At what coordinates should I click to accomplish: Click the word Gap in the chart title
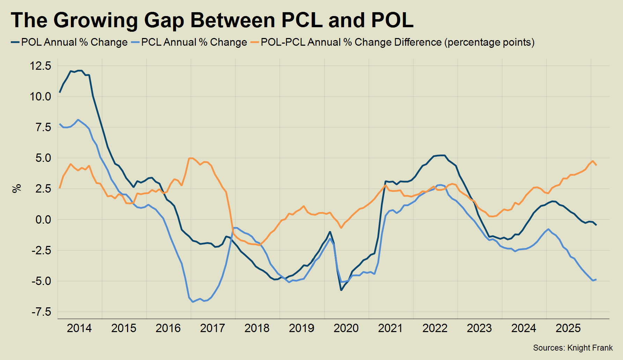click(164, 20)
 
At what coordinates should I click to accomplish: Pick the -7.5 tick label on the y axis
click(41, 312)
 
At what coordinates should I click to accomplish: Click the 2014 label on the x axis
click(79, 328)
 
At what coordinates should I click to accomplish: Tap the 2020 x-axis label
click(346, 328)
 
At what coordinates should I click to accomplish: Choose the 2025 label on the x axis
click(568, 328)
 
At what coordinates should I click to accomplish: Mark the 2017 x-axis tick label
click(213, 328)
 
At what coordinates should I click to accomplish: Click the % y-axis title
click(16, 188)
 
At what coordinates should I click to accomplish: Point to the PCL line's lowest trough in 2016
click(193, 302)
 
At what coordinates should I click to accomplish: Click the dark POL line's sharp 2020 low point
click(341, 290)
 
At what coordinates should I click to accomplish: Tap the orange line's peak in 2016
click(191, 158)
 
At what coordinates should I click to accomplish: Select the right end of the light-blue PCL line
click(596, 279)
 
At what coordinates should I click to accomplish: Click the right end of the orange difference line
click(596, 165)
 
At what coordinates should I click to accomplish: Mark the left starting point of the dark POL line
click(60, 92)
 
